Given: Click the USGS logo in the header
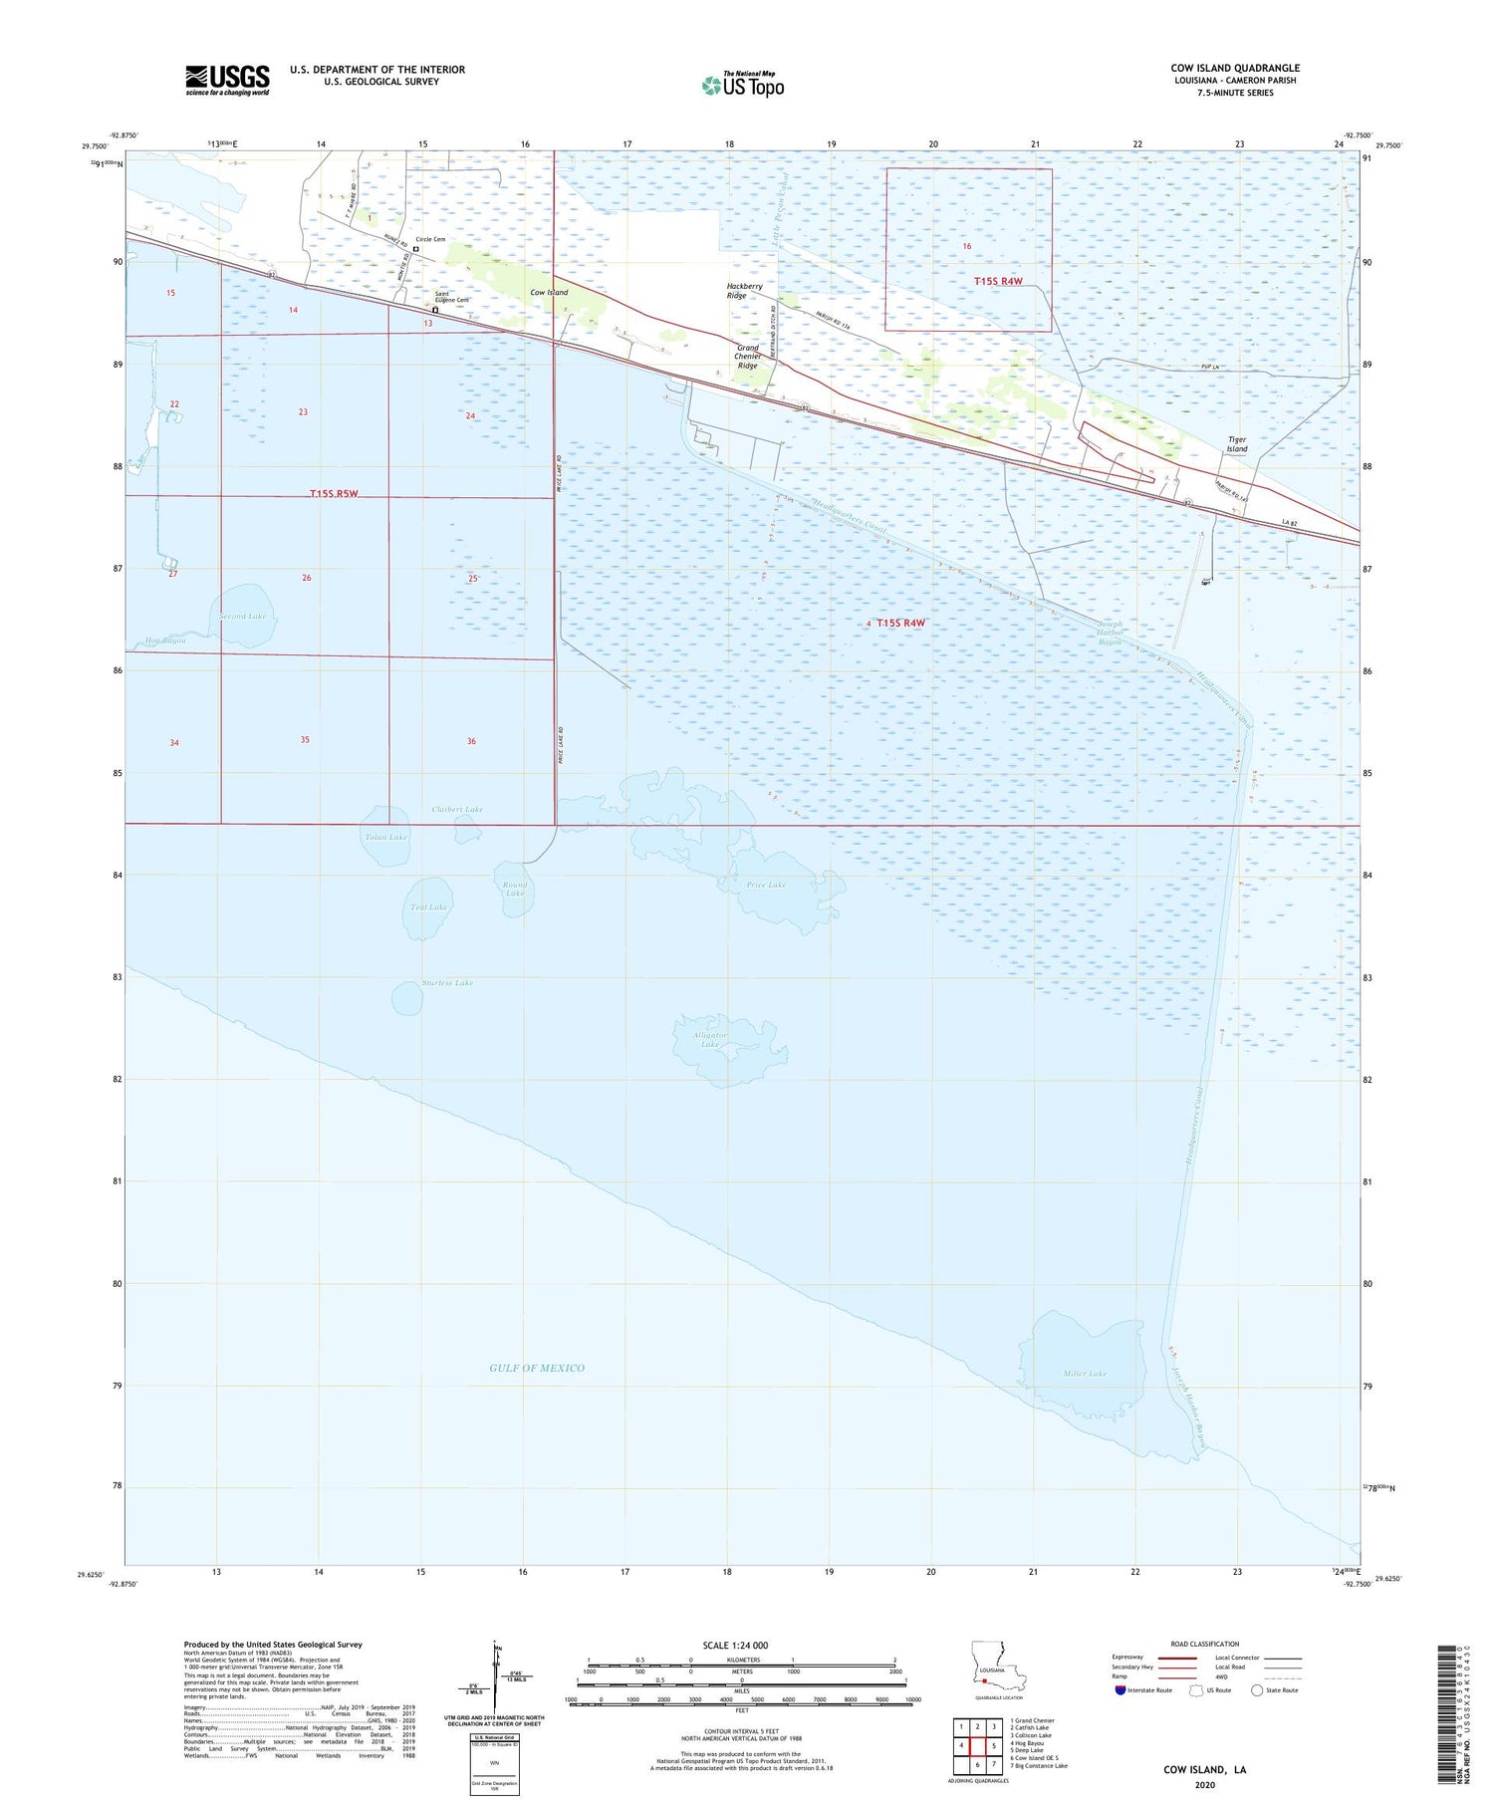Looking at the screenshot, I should click(227, 80).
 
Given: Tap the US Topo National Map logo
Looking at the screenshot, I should click(743, 85).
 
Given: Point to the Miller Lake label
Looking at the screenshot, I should click(1085, 1374).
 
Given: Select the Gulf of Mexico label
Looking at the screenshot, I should click(537, 1368).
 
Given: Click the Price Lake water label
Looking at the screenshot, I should click(766, 885).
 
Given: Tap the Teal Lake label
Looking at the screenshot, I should click(428, 907).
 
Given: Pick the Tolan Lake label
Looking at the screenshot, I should click(385, 837).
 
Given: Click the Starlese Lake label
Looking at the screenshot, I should click(447, 983).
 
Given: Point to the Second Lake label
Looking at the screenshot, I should click(243, 617).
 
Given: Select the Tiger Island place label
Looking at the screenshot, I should click(1236, 444).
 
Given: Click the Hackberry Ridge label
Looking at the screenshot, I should click(744, 291).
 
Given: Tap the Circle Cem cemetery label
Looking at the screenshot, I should click(430, 239).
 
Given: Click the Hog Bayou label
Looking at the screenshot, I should click(165, 640).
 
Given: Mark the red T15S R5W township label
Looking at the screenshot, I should click(340, 493).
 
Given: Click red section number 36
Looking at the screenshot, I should click(471, 741).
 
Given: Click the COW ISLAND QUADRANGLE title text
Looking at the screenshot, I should click(1235, 68).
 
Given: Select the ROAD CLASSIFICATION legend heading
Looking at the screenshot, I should click(1205, 1644).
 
